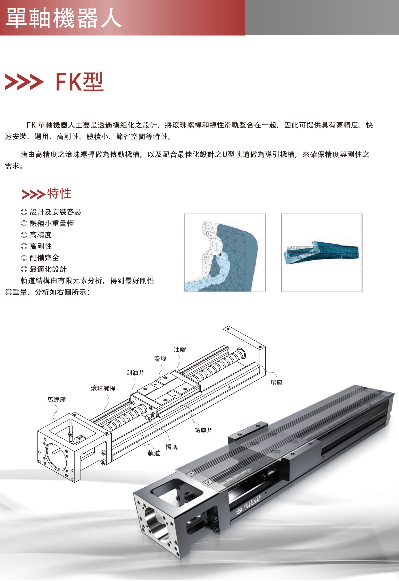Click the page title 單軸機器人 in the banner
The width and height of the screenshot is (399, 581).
64,18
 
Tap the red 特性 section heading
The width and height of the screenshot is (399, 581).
59,193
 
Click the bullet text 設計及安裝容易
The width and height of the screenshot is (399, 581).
55,212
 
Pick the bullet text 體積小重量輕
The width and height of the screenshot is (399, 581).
52,223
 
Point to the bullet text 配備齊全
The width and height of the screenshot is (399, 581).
44,258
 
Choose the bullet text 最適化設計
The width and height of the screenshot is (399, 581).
48,269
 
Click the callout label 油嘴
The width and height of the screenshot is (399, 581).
180,350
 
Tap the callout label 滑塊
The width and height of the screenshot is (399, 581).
160,359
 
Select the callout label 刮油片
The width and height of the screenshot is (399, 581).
135,373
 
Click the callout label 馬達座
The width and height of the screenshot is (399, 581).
57,400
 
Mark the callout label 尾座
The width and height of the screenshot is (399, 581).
276,383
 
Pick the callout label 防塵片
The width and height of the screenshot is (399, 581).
203,431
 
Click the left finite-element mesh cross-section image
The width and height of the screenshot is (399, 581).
225,252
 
